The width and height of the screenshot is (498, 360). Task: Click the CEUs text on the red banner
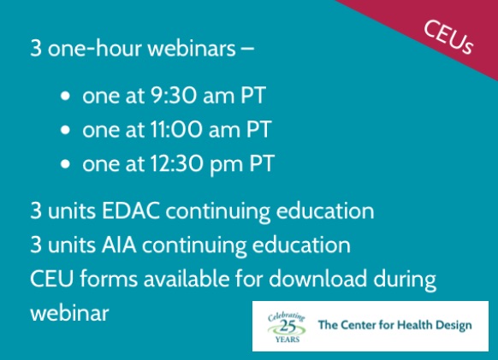[448, 37]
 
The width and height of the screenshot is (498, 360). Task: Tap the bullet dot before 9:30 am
[65, 96]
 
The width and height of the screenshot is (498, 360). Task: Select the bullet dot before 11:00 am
[65, 130]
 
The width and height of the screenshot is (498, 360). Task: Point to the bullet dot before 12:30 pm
[65, 164]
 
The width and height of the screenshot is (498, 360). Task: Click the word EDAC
[131, 210]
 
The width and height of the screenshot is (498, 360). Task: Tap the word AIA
[119, 245]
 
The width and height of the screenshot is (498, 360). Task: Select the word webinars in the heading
[192, 48]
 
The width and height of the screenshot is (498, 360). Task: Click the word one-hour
[95, 48]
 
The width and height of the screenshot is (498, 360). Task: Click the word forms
[109, 279]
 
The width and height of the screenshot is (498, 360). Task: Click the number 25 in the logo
[288, 327]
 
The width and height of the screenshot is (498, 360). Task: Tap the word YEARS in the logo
[288, 339]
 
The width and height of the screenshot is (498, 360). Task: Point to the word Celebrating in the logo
[287, 317]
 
